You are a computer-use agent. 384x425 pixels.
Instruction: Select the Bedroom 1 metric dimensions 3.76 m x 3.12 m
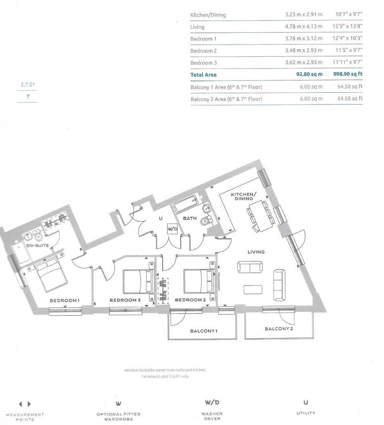304,39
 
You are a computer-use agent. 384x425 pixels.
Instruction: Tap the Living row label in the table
197,27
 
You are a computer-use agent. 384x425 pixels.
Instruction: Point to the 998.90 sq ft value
348,75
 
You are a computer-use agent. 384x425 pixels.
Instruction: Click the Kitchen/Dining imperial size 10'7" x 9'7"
349,15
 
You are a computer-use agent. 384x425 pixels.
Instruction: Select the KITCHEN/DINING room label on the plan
244,196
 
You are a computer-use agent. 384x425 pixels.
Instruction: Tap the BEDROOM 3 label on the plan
125,300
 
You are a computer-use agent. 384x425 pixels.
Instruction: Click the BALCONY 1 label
203,331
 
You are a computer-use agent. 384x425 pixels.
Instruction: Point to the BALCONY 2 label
279,329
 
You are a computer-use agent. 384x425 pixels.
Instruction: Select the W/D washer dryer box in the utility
172,229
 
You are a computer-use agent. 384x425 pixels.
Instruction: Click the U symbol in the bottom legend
306,403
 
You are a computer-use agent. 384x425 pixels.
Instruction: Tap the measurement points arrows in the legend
25,404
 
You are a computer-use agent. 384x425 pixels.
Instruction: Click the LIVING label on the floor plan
256,252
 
